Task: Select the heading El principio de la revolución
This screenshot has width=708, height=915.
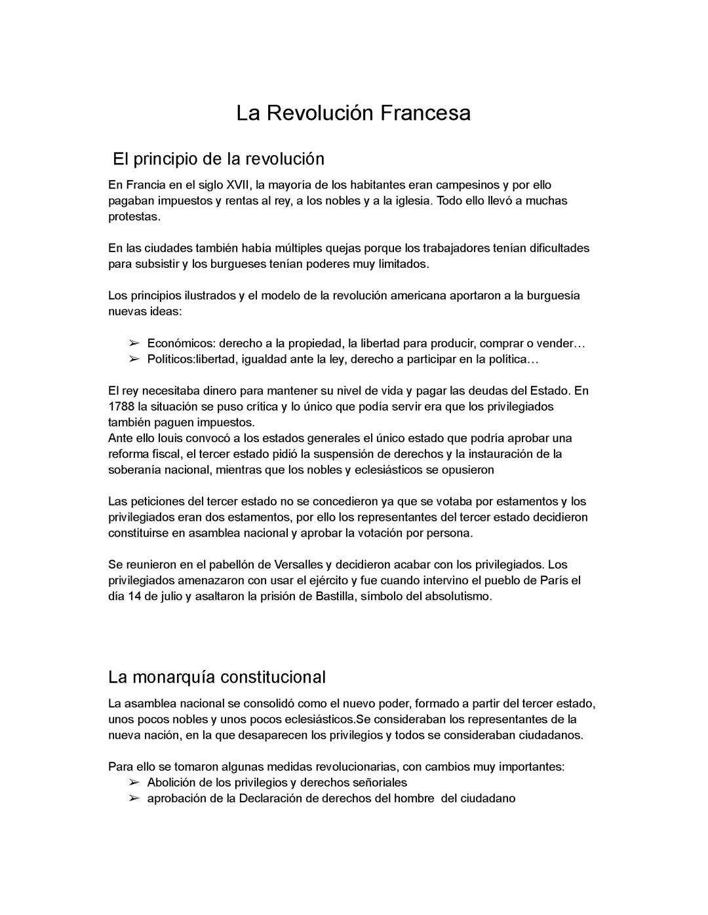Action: (218, 159)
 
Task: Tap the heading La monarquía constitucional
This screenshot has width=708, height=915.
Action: (216, 676)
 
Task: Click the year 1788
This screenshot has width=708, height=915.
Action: (121, 407)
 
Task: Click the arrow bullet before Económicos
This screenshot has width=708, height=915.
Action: (134, 344)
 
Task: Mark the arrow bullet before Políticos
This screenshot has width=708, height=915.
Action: (134, 360)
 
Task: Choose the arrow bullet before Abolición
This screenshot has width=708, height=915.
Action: (134, 783)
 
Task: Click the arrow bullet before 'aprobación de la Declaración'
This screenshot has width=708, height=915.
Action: (134, 798)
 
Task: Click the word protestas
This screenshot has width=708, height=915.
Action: (134, 216)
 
